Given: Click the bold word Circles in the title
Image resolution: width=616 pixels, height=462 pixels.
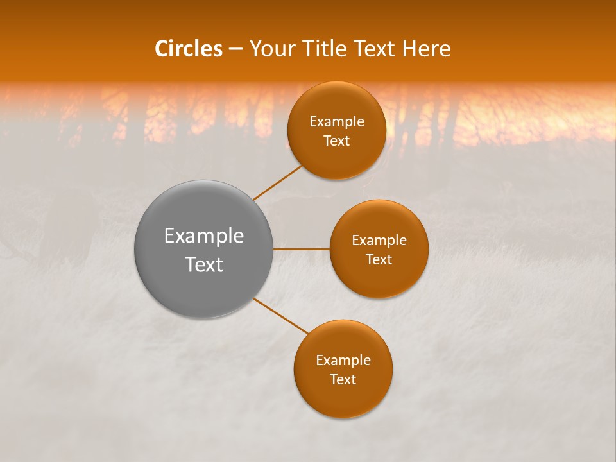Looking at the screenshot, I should coord(188,49).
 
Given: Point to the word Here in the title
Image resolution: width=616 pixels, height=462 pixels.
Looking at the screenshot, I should coord(426,49).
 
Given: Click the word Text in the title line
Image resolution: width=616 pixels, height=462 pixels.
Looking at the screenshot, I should coord(373,49).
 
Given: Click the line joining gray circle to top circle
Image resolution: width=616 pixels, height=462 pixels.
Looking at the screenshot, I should coord(278,182).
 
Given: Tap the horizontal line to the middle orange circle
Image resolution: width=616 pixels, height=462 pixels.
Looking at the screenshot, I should coord(302,249).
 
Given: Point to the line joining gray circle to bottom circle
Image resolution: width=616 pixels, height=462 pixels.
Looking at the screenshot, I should coord(281,316).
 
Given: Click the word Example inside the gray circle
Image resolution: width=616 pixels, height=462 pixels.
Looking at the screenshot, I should coord(204,236).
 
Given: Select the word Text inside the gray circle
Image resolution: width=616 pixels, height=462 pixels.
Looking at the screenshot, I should coord(204,264).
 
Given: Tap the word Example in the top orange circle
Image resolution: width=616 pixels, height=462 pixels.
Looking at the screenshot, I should coord(336,122).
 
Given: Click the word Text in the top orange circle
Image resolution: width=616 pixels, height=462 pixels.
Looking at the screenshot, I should coord(336,141).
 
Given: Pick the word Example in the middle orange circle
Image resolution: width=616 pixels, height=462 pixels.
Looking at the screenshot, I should coord(379,241).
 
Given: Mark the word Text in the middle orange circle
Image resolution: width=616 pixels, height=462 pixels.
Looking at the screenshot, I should coord(379,259).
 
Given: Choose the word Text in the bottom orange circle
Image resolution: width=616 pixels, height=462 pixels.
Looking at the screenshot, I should coord(343,379).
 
